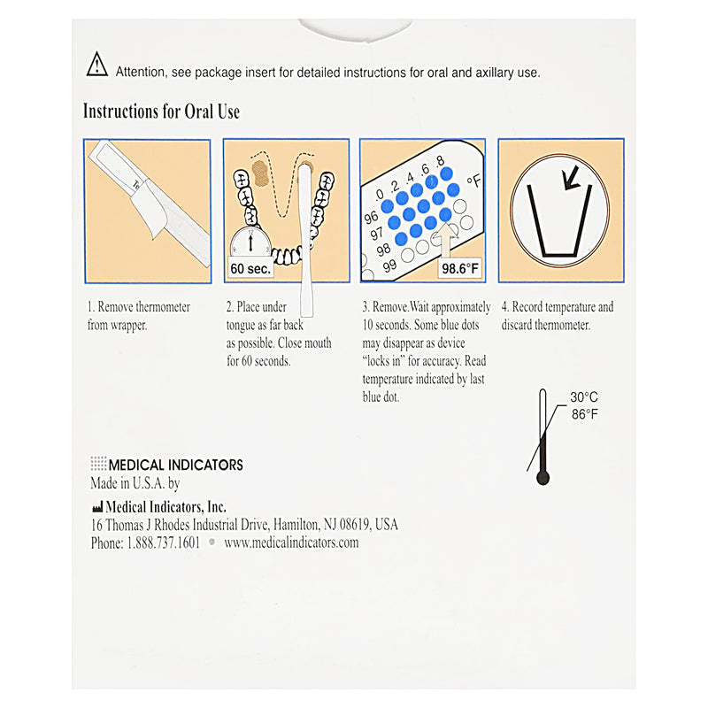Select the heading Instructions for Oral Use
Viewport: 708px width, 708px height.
pyautogui.click(x=161, y=112)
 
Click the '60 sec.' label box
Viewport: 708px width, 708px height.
pyautogui.click(x=250, y=266)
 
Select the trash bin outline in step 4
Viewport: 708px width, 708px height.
pyautogui.click(x=558, y=223)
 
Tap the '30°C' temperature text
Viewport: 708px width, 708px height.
pyautogui.click(x=584, y=397)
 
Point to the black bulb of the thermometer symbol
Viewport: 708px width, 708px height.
pyautogui.click(x=543, y=478)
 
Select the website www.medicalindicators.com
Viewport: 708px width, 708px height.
pyautogui.click(x=291, y=543)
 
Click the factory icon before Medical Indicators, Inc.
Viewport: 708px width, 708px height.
pyautogui.click(x=96, y=507)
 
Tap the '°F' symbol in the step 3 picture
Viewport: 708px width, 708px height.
pyautogui.click(x=473, y=181)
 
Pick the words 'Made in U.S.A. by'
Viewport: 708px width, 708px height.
pyautogui.click(x=135, y=484)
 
